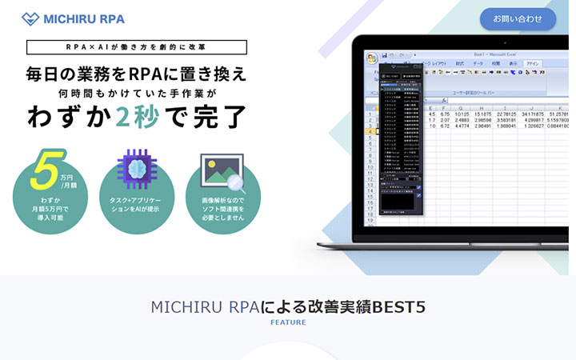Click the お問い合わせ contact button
tap(518, 18)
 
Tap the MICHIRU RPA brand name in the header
tap(84, 18)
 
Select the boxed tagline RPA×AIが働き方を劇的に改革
tap(136, 47)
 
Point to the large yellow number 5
tap(46, 167)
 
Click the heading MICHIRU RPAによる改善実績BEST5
tap(287, 306)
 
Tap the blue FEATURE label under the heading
tap(287, 323)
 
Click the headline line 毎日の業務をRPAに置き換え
tap(136, 74)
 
